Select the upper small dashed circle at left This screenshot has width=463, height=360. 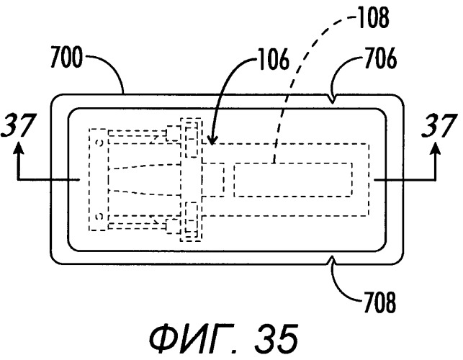[96, 133]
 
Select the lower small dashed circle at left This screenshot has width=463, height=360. [96, 215]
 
